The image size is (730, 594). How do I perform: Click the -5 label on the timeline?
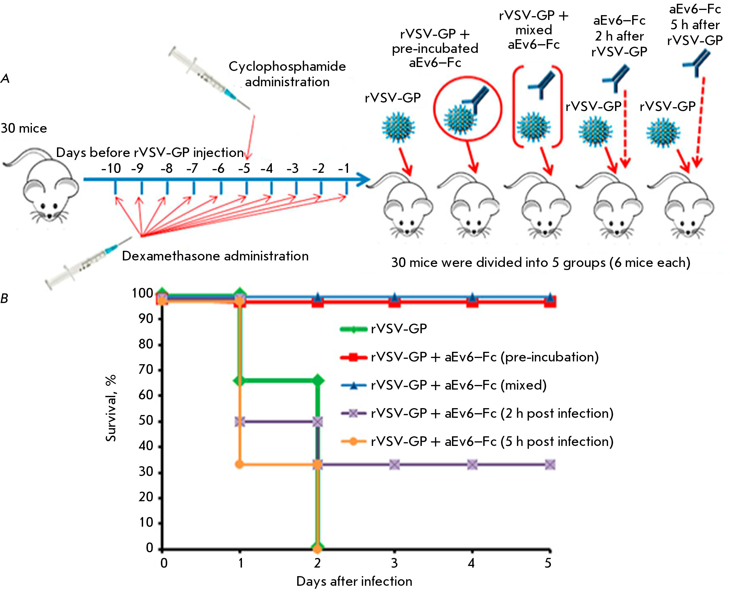tap(244, 168)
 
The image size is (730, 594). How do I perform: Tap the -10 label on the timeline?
tap(111, 168)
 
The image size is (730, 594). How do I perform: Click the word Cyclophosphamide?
tap(287, 67)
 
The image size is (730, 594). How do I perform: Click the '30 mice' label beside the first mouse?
tap(24, 128)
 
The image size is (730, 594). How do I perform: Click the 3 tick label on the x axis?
tap(394, 563)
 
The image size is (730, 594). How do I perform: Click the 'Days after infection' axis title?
tap(354, 582)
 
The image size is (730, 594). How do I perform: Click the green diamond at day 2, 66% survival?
tap(318, 381)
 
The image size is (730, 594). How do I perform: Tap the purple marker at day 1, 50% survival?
tap(240, 422)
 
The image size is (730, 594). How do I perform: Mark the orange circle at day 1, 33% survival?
tap(240, 464)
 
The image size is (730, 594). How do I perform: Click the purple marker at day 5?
tap(550, 465)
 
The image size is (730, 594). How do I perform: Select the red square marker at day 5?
tap(550, 302)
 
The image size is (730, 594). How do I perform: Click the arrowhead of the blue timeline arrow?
tap(364, 179)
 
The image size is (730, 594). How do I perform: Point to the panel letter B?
tap(4, 299)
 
